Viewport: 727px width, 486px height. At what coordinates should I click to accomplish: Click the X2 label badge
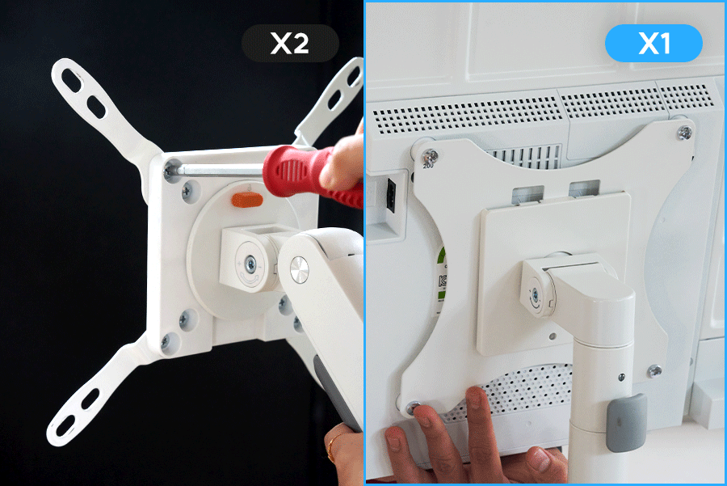pyautogui.click(x=290, y=43)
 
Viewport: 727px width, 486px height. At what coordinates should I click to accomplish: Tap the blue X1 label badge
pyautogui.click(x=653, y=43)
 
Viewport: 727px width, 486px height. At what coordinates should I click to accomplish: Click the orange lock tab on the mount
pyautogui.click(x=247, y=200)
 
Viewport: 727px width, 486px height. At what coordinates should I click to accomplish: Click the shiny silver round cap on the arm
pyautogui.click(x=299, y=270)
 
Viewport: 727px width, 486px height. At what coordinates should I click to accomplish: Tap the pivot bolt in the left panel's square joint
pyautogui.click(x=250, y=264)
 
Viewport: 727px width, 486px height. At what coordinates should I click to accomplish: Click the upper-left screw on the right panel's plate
pyautogui.click(x=431, y=156)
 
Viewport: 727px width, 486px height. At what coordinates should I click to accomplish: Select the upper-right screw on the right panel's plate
pyautogui.click(x=684, y=133)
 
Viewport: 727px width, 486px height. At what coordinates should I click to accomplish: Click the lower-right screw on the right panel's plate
pyautogui.click(x=654, y=371)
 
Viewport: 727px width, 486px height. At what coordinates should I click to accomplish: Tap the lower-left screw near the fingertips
pyautogui.click(x=412, y=408)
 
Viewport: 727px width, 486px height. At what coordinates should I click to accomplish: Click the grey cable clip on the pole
pyautogui.click(x=626, y=423)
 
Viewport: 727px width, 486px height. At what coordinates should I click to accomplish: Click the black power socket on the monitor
pyautogui.click(x=391, y=195)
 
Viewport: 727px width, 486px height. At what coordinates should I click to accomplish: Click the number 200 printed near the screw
pyautogui.click(x=428, y=166)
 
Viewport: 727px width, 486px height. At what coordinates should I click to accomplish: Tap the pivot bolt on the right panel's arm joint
pyautogui.click(x=536, y=294)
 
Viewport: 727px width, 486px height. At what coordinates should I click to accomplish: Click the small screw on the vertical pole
pyautogui.click(x=621, y=377)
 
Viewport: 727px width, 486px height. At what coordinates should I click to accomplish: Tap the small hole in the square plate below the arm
pyautogui.click(x=553, y=336)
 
